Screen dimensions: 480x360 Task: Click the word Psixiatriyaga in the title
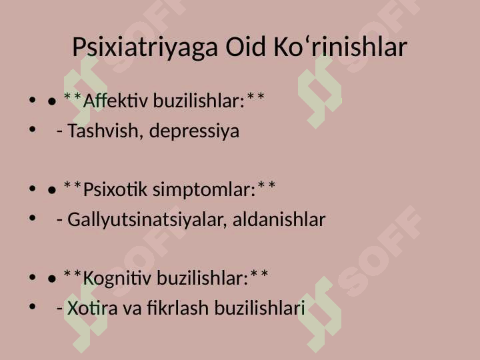click(145, 47)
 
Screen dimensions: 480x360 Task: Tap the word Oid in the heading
click(245, 47)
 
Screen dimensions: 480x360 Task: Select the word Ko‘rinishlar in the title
click(340, 47)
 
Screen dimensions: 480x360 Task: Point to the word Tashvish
click(103, 131)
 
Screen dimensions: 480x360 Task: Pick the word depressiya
click(194, 131)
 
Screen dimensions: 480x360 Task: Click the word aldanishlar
click(279, 219)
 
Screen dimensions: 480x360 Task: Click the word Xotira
click(93, 308)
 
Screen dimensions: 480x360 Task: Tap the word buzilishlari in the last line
click(259, 307)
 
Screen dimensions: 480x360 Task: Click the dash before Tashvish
click(60, 131)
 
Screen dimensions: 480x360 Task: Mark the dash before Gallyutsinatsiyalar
click(60, 221)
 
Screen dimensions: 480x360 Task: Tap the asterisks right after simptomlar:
click(266, 186)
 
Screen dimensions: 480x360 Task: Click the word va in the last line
click(132, 309)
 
